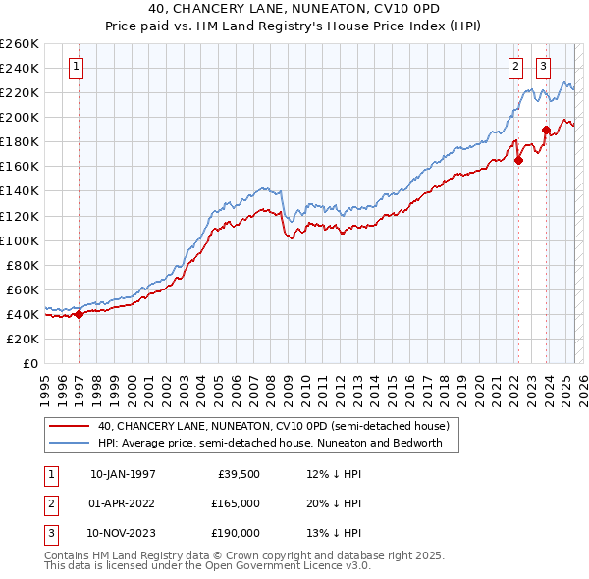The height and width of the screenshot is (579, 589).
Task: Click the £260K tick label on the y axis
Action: coord(20,44)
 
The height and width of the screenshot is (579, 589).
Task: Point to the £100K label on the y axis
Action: coord(20,240)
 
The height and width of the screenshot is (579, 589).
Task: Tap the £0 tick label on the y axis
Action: coord(31,363)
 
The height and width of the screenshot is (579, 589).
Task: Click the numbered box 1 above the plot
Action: coord(77,67)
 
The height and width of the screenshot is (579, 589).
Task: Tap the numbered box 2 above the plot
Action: coord(515,67)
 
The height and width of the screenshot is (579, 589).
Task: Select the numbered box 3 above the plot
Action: coord(543,67)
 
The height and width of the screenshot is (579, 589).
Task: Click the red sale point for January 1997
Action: coord(79,315)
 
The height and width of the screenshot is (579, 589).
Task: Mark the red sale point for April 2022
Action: coord(518,161)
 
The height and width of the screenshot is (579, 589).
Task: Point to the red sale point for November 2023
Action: coord(546,130)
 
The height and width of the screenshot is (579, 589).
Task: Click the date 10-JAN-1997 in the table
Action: coord(123,474)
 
